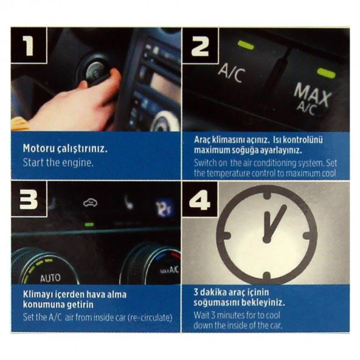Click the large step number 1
pyautogui.click(x=29, y=46)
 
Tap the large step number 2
pyautogui.click(x=200, y=46)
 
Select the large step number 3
pyautogui.click(x=29, y=199)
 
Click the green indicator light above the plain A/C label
pyautogui.click(x=246, y=45)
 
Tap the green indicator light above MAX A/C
pyautogui.click(x=326, y=73)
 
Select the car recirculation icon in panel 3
pyautogui.click(x=90, y=202)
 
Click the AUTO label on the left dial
pyautogui.click(x=50, y=278)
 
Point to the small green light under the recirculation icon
pyautogui.click(x=89, y=224)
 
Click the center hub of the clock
pyautogui.click(x=266, y=238)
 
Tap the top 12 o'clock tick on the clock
pyautogui.click(x=267, y=195)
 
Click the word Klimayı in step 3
pyautogui.click(x=36, y=295)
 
